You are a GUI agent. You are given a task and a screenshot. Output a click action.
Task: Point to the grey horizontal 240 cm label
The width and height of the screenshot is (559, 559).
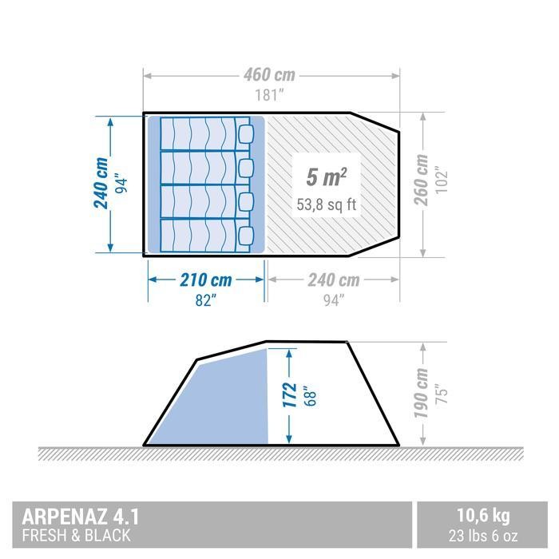pos(332,280)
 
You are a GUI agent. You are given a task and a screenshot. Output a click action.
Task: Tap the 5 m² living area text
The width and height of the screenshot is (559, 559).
pos(325,176)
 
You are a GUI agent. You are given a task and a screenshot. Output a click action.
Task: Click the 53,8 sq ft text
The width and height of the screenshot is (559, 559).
pos(326,204)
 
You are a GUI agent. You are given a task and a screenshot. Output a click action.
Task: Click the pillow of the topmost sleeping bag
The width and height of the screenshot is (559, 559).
pos(247,132)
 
